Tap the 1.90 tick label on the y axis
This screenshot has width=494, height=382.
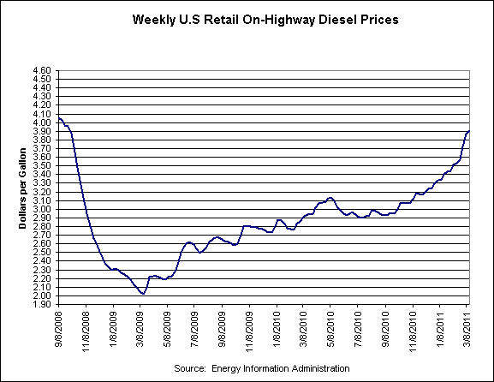(42, 304)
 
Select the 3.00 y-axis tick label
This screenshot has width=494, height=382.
(42, 209)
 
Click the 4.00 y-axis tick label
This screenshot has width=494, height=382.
(42, 122)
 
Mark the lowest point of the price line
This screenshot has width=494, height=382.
(142, 294)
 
